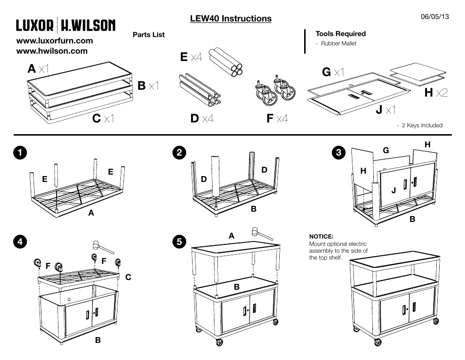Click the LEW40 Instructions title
pos(231,19)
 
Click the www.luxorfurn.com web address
pos(55,40)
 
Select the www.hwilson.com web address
pos(52,51)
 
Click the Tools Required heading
pos(340,34)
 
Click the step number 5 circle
pos(180,241)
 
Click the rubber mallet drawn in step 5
pos(261,233)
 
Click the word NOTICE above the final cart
pos(320,237)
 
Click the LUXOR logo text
pos(35,25)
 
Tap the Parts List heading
pos(149,35)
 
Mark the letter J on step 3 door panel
pos(393,191)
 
